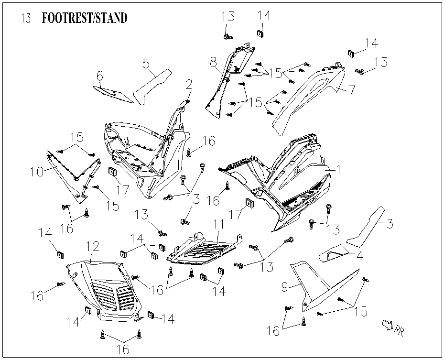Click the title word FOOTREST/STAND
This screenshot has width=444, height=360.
tap(85, 19)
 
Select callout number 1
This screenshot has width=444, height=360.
tap(338, 170)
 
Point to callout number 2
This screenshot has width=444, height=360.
tap(189, 85)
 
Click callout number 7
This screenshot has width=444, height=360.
tap(352, 89)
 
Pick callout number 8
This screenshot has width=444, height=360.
tap(213, 62)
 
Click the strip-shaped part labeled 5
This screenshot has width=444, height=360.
tap(152, 86)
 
